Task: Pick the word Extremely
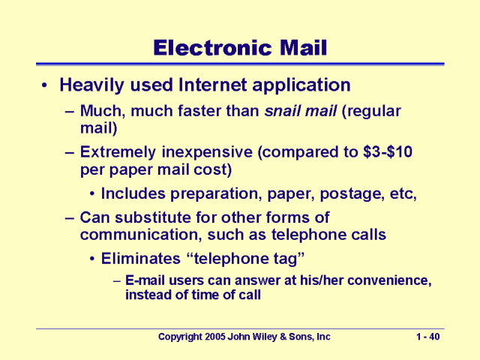[115, 153]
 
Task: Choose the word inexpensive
[208, 153]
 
